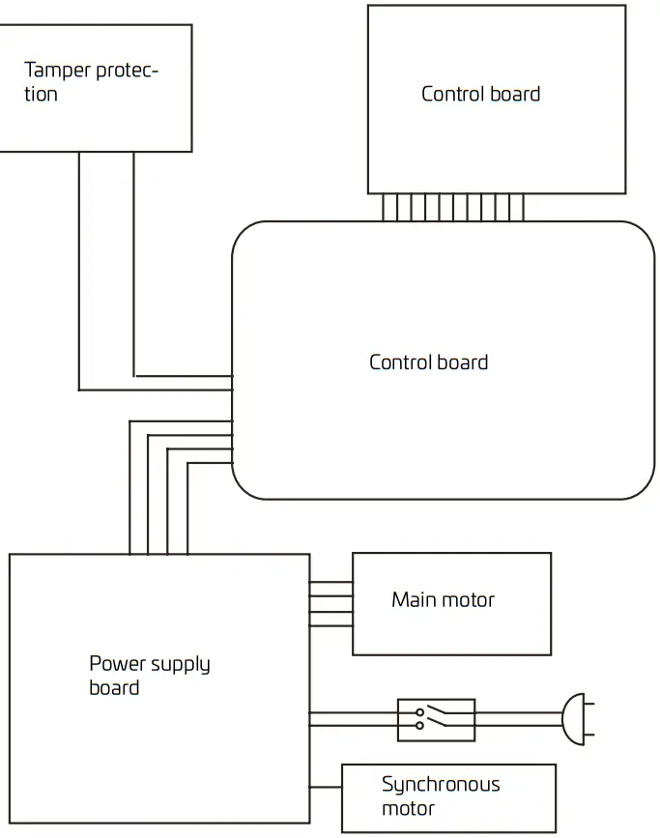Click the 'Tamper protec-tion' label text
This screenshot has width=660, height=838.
tap(91, 82)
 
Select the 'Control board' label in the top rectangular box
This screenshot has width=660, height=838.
tap(480, 94)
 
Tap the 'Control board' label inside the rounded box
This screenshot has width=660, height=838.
tap(428, 362)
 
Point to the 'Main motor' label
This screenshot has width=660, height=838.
tap(443, 600)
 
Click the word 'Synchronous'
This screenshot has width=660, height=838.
tap(441, 784)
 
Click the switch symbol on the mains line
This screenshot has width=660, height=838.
tap(436, 720)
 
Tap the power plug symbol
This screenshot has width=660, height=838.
tap(574, 720)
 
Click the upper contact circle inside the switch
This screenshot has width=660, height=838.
tap(419, 712)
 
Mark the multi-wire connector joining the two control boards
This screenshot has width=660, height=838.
tap(452, 207)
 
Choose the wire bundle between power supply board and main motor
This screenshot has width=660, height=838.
tap(330, 604)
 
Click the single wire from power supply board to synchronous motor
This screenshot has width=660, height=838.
tap(326, 785)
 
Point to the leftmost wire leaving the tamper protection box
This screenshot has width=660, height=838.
tap(79, 271)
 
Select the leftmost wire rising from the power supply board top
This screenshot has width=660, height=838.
tap(129, 488)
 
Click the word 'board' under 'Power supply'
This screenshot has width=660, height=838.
tap(114, 688)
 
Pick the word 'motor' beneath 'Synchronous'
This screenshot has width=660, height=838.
tap(408, 809)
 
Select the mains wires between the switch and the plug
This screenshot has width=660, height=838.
tap(518, 720)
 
